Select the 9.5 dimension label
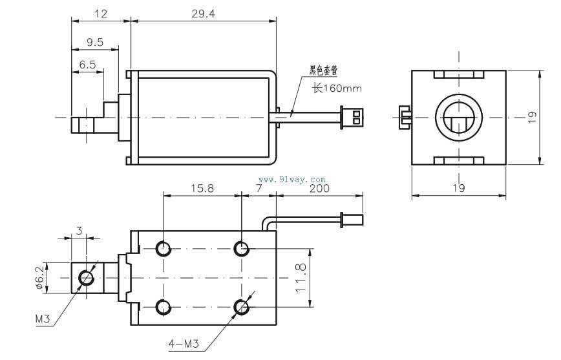tap(94, 43)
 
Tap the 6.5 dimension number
tap(87, 65)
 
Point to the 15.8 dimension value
tap(202, 188)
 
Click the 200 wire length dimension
tap(319, 188)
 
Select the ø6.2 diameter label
tap(39, 277)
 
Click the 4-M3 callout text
tap(183, 344)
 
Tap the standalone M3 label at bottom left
tap(43, 319)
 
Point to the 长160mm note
tap(336, 89)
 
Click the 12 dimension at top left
tap(100, 13)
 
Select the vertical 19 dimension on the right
tap(532, 117)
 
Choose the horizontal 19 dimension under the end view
tap(458, 188)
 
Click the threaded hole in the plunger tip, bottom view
tap(85, 278)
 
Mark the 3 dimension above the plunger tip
tap(79, 230)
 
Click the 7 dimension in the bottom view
tap(259, 188)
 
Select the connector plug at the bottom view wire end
tap(352, 218)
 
